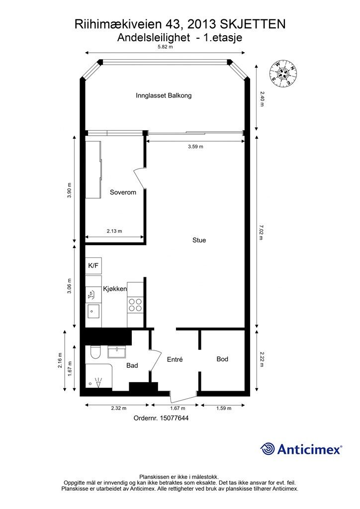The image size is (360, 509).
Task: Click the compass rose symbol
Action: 283,72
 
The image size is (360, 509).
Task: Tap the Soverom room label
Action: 123,192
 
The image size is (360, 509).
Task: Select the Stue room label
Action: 199,240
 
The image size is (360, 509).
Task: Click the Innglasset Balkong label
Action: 164,95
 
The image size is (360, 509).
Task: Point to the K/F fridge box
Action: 93,266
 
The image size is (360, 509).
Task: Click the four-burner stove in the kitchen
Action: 134,305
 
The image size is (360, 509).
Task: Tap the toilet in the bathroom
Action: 95,352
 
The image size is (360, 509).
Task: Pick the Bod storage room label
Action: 222,359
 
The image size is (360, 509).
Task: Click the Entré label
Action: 175,360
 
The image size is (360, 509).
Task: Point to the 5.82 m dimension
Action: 165,47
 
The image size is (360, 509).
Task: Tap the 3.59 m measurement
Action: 195,147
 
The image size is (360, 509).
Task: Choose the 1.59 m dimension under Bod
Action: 223,408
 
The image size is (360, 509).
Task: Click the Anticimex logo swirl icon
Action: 268,449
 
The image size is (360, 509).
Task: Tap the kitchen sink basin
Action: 93,312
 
